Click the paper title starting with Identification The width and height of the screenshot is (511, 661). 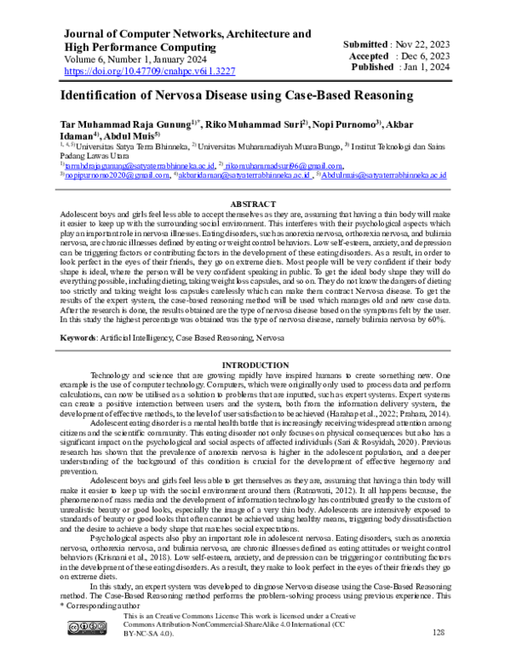click(x=236, y=97)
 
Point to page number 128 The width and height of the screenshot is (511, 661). click(x=439, y=632)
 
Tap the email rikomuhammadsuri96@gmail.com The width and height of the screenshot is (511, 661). click(x=284, y=165)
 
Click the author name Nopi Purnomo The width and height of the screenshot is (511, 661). click(x=352, y=123)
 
